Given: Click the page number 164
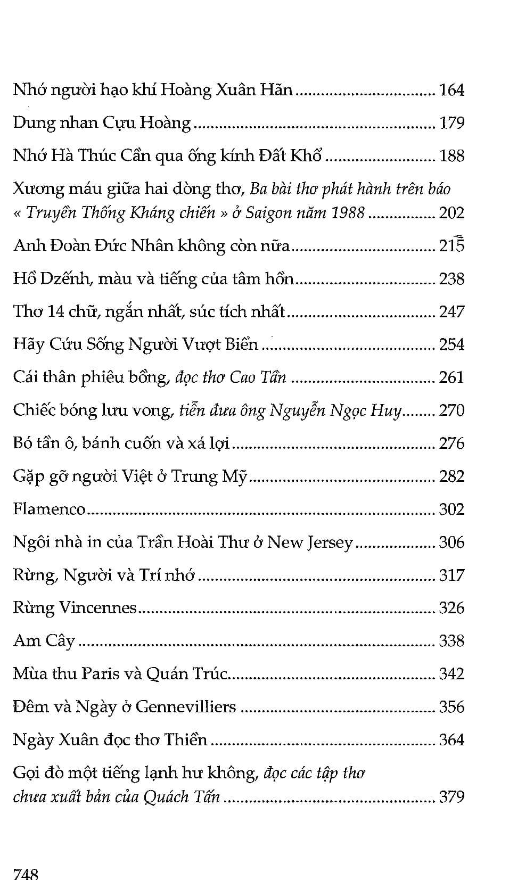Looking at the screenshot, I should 451,90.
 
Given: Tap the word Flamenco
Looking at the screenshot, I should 49,509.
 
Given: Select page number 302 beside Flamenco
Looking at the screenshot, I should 451,509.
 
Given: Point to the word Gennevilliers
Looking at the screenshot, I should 186,707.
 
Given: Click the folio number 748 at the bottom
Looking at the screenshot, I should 26,874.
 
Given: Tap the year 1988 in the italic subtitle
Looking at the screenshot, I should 348,213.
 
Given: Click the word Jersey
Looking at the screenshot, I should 330,542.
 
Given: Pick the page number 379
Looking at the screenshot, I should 451,797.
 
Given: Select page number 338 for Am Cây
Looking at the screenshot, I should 451,641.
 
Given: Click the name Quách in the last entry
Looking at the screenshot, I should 166,797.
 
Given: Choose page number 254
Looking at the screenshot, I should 451,344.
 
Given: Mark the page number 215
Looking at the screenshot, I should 451,246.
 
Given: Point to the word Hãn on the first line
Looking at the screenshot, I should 276,89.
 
